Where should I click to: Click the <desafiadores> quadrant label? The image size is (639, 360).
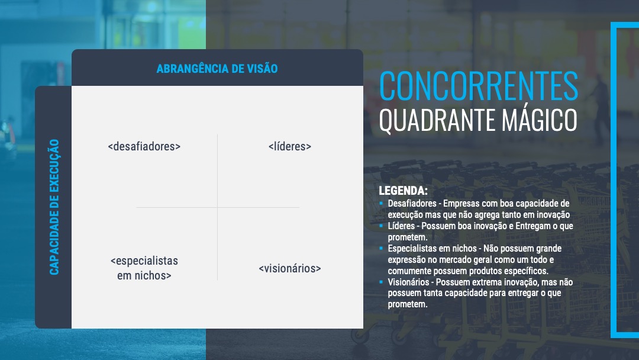tap(144, 146)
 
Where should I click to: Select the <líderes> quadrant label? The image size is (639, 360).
tap(289, 146)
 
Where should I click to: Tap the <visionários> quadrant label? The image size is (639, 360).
tap(289, 268)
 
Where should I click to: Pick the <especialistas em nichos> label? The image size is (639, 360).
tap(144, 268)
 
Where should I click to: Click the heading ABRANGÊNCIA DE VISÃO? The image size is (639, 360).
tap(217, 69)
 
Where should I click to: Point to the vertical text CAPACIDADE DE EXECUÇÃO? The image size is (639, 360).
tap(54, 207)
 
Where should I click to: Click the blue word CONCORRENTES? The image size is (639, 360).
tap(478, 86)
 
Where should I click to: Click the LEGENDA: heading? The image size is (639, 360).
tap(403, 192)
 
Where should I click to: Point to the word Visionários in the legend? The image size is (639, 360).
tap(409, 282)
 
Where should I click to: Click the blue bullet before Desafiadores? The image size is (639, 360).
tap(382, 203)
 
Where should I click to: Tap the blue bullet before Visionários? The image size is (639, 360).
tap(382, 282)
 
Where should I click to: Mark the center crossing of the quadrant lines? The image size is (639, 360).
tap(218, 207)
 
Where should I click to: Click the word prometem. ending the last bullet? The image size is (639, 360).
tap(407, 304)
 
